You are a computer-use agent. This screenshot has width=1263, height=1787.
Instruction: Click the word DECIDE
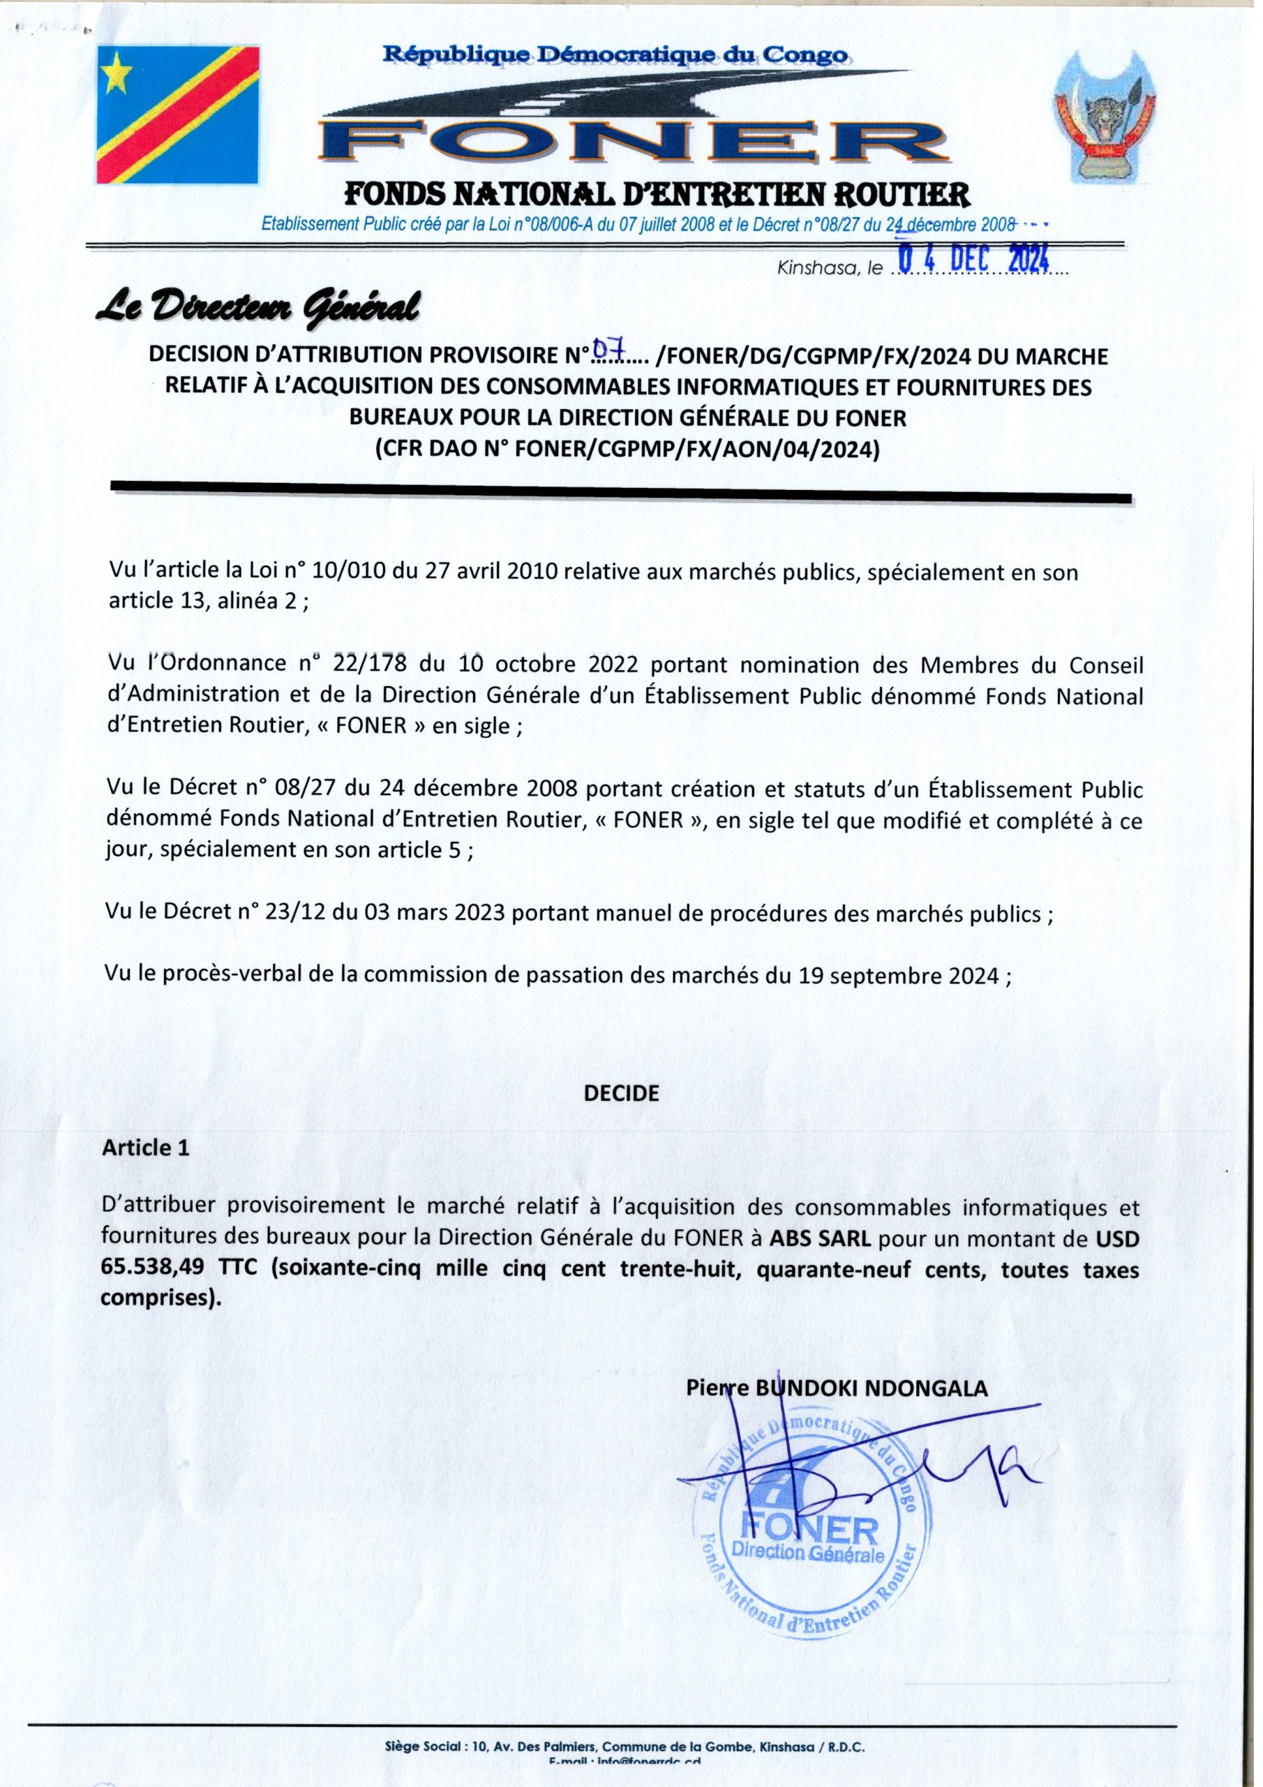click(x=621, y=1092)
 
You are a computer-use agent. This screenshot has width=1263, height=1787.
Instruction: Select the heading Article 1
click(x=146, y=1147)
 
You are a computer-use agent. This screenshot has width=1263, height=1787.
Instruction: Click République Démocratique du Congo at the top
click(x=616, y=56)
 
